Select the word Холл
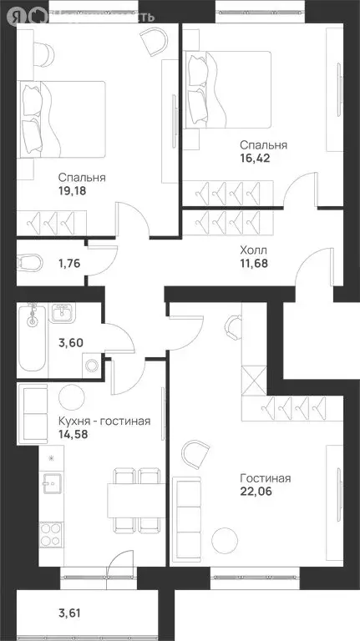[x=253, y=249]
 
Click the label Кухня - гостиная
[x=104, y=421]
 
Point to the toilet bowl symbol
[x=29, y=264]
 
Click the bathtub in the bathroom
[x=31, y=338]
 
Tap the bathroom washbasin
[x=61, y=314]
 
